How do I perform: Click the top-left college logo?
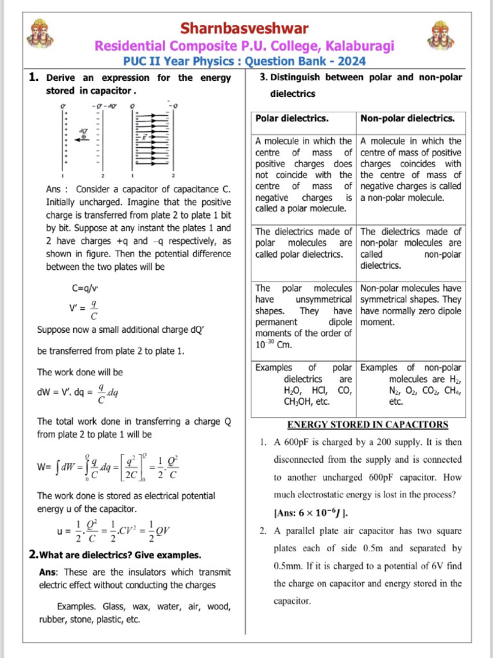click(x=40, y=34)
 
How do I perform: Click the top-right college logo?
click(x=442, y=35)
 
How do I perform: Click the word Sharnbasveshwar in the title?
click(x=244, y=28)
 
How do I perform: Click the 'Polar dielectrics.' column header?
click(x=292, y=119)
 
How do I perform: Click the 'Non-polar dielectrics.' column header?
click(x=408, y=119)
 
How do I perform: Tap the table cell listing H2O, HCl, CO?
click(x=302, y=384)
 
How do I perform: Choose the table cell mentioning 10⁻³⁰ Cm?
click(x=302, y=316)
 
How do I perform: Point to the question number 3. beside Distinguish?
click(x=263, y=78)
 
